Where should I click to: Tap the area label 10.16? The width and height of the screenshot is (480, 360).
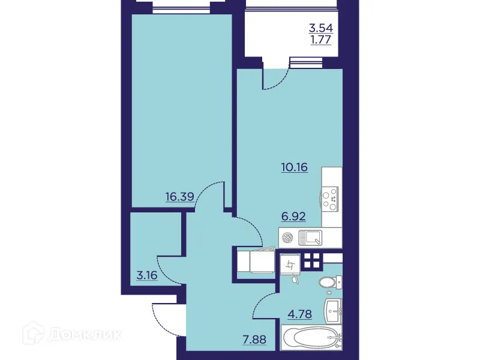tap(294, 167)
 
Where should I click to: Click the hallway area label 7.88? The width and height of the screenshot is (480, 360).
tap(253, 343)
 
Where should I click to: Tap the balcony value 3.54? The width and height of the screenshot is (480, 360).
tap(320, 28)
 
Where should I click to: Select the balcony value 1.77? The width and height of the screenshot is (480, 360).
tap(320, 40)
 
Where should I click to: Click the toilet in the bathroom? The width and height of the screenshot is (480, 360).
tap(329, 282)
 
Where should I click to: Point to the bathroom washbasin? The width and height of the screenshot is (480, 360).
tap(333, 310)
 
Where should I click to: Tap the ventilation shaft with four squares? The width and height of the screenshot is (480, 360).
tap(312, 260)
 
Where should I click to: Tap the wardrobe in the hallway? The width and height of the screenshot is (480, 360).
tap(256, 262)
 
